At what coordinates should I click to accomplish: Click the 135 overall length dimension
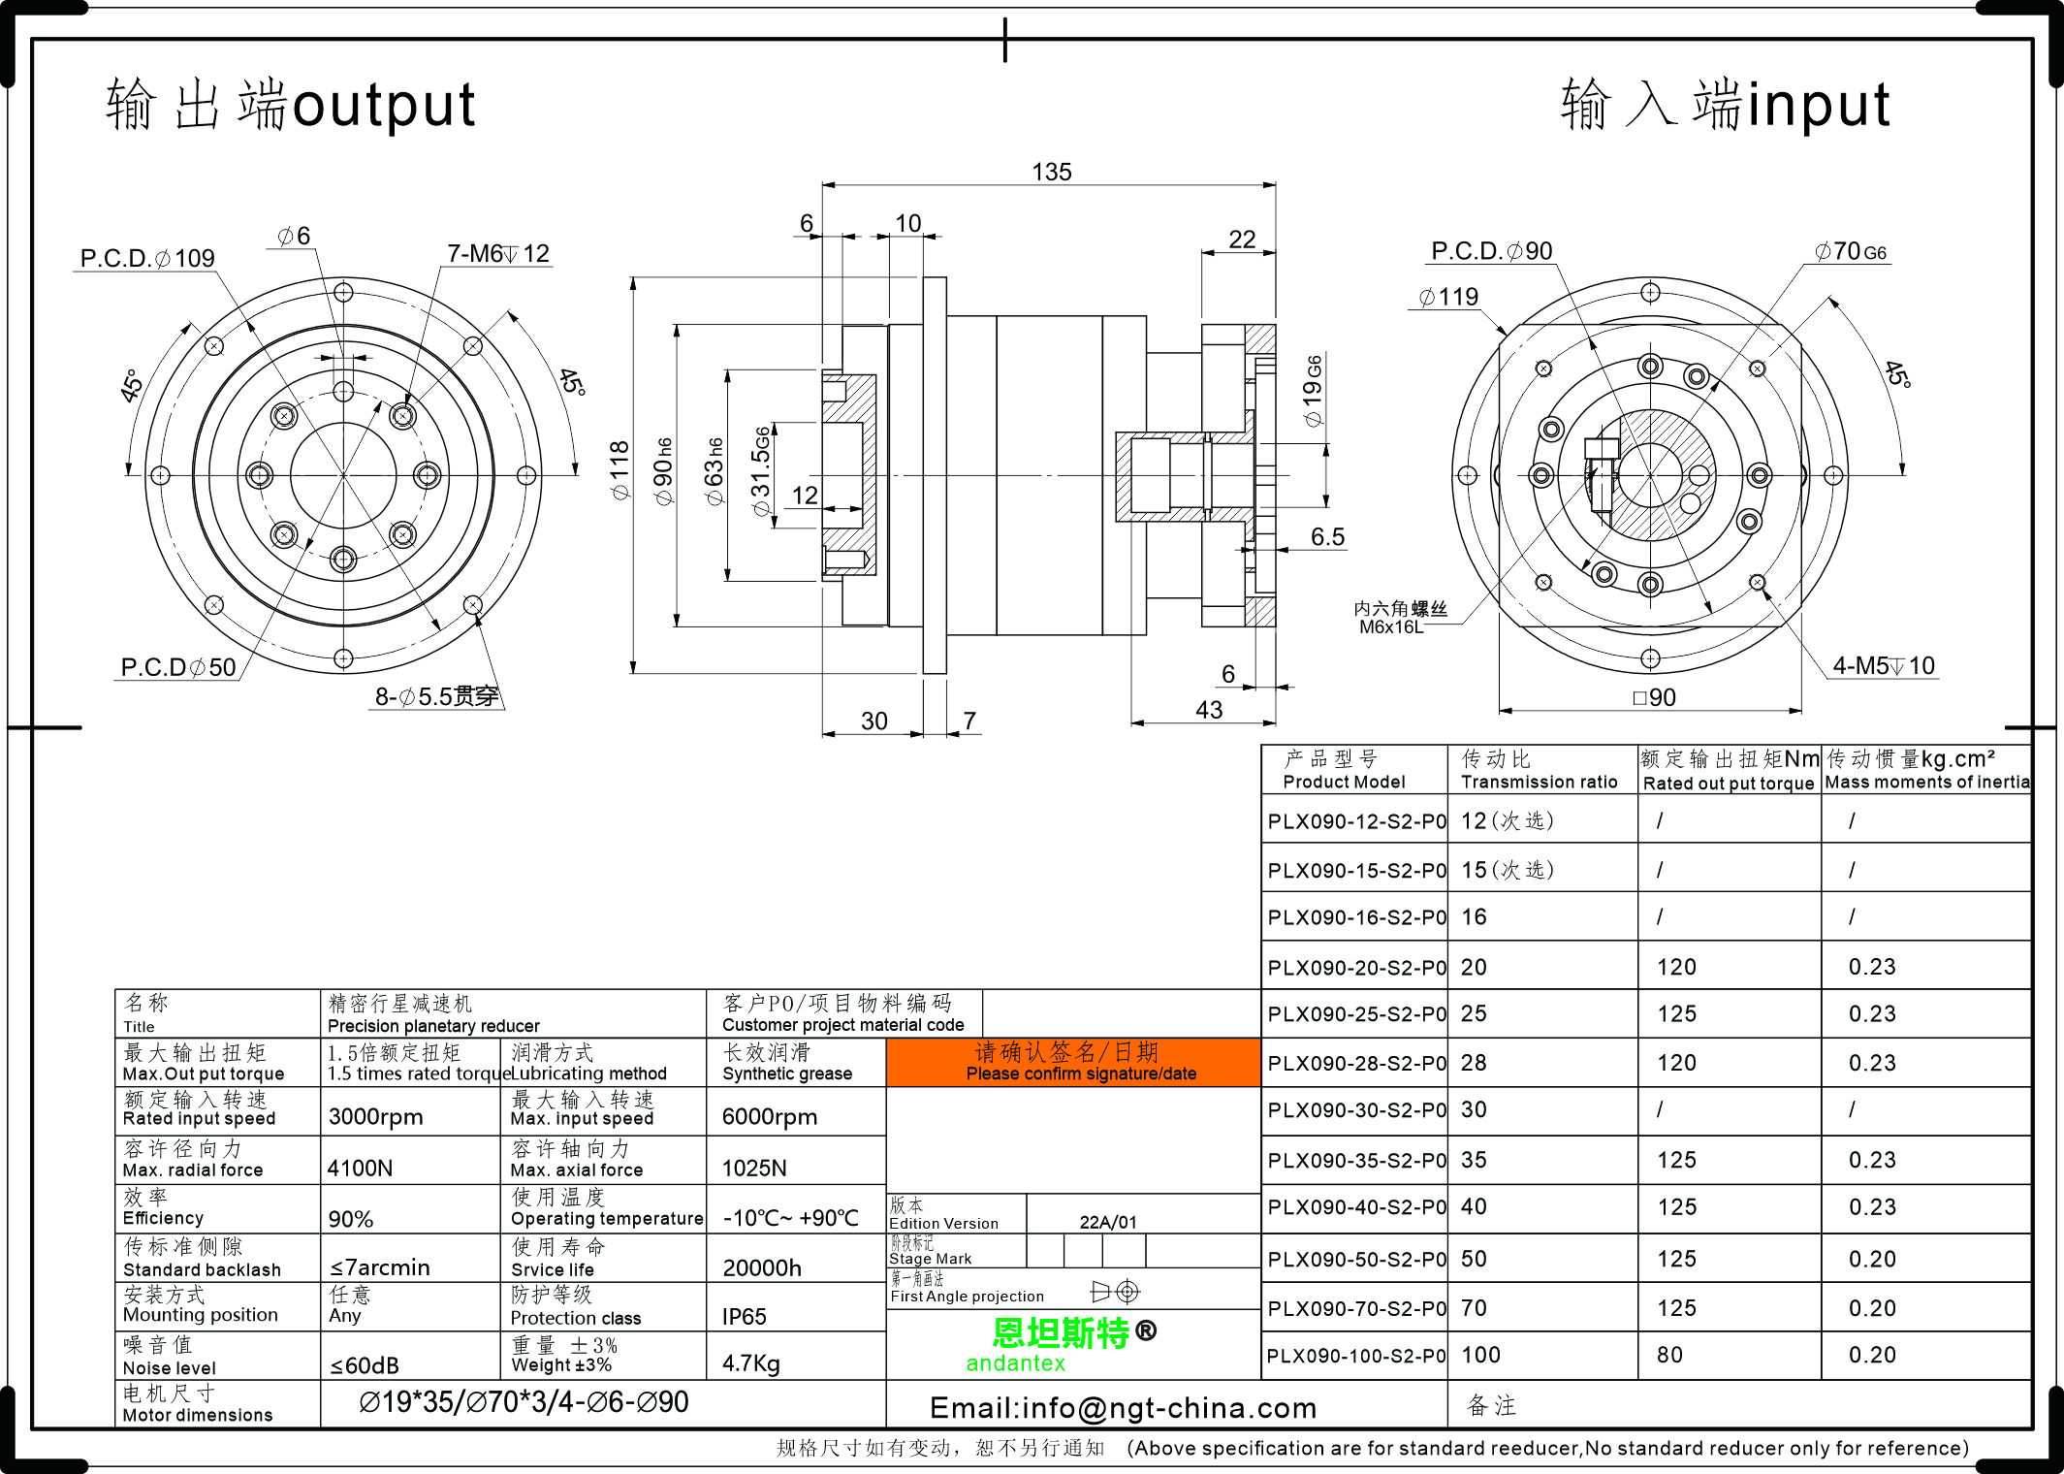[1051, 173]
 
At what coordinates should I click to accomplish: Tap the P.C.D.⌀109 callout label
[146, 259]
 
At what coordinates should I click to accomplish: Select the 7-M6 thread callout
[498, 254]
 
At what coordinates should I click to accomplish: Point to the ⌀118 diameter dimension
[619, 470]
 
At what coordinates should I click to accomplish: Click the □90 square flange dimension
[1654, 697]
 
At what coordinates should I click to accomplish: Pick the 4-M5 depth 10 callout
[1883, 666]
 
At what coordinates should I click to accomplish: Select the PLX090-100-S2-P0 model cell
[1355, 1356]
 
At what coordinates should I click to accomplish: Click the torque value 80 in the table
[1669, 1356]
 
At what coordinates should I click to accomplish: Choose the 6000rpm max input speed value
[770, 1117]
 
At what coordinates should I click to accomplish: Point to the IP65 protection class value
[744, 1317]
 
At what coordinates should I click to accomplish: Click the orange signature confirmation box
[1073, 1062]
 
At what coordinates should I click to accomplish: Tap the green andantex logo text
[1015, 1363]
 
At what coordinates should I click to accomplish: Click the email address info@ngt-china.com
[1123, 1408]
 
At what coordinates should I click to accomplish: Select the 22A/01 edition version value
[1108, 1223]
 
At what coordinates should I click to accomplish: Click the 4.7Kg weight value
[750, 1364]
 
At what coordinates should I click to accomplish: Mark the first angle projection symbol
[1115, 1292]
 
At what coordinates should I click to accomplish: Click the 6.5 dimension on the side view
[1327, 537]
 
